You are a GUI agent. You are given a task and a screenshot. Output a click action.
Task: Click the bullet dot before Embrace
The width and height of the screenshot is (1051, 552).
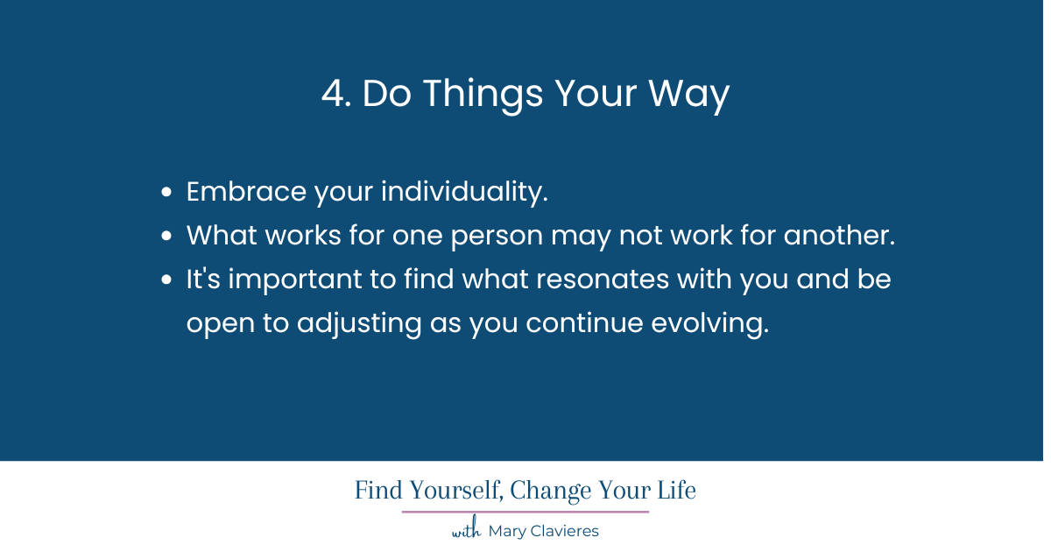pos(166,193)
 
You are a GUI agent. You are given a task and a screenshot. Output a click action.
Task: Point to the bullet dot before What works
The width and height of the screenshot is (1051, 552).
pos(166,237)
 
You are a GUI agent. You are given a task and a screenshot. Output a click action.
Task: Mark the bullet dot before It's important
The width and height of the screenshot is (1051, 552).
pos(166,280)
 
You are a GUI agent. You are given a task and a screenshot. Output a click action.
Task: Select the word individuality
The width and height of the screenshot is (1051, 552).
pos(463,192)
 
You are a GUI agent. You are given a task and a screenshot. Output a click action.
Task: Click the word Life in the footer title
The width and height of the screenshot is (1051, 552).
pos(677,491)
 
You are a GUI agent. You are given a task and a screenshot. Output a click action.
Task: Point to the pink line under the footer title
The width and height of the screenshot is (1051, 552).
pos(525,512)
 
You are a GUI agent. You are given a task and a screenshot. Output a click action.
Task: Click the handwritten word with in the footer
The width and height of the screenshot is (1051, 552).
pos(466,531)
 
